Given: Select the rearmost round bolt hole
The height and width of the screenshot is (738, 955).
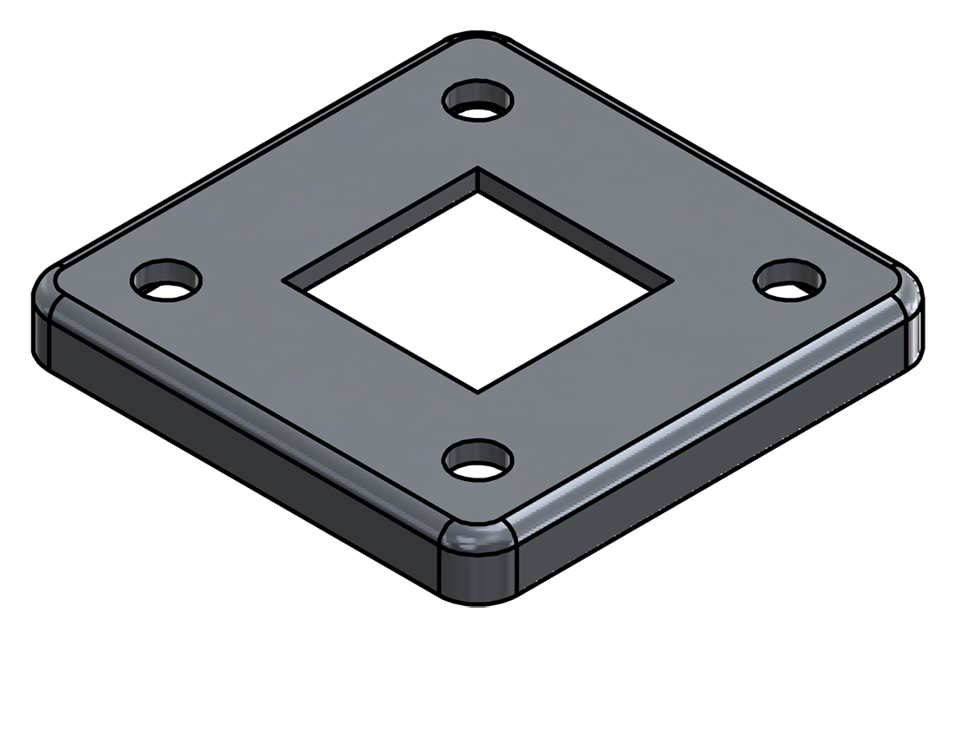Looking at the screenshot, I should (x=477, y=101).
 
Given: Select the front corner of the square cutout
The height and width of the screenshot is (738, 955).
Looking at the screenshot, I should (x=477, y=387).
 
